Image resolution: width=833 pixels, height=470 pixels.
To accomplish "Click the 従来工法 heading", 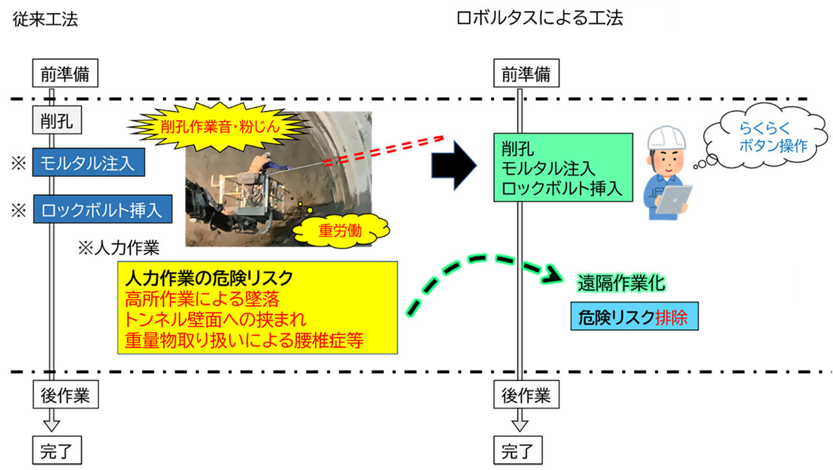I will (x=45, y=20).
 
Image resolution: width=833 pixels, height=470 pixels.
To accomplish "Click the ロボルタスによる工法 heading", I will (x=539, y=19).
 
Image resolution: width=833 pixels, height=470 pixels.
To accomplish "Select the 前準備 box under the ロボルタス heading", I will (x=526, y=74).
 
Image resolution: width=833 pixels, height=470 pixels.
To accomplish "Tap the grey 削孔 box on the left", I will (x=53, y=120).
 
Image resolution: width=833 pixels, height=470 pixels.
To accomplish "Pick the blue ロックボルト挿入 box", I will (x=102, y=210).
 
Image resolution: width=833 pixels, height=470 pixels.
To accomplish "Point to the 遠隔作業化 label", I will (x=621, y=283).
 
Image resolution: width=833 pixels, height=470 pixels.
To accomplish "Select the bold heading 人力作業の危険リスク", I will (x=208, y=278).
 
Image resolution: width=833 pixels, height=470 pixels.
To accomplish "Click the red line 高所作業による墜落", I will (x=204, y=299).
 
